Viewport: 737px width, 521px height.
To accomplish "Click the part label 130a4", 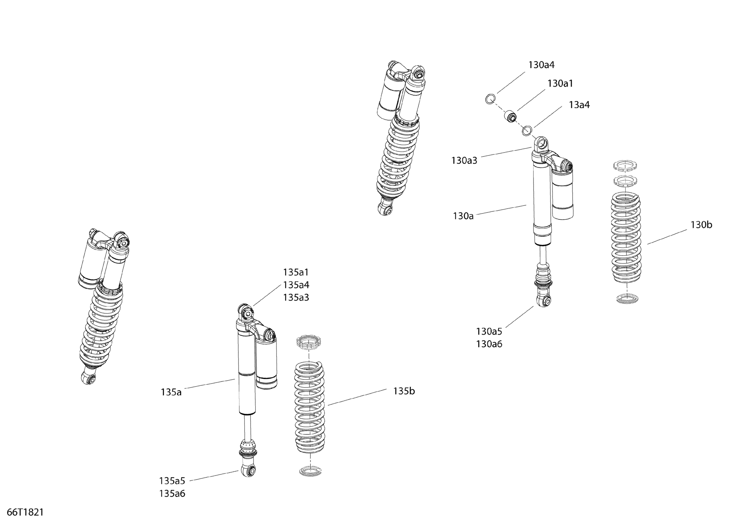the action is (x=541, y=65).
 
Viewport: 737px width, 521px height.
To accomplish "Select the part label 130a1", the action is (x=560, y=84).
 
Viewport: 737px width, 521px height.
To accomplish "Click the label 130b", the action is (x=701, y=225).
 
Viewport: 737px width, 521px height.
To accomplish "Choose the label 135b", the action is (x=404, y=391).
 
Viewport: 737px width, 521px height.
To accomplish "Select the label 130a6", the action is (x=489, y=344).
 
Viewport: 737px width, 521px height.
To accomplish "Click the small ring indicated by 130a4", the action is (x=490, y=100).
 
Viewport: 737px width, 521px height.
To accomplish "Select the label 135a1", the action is (x=296, y=272).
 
